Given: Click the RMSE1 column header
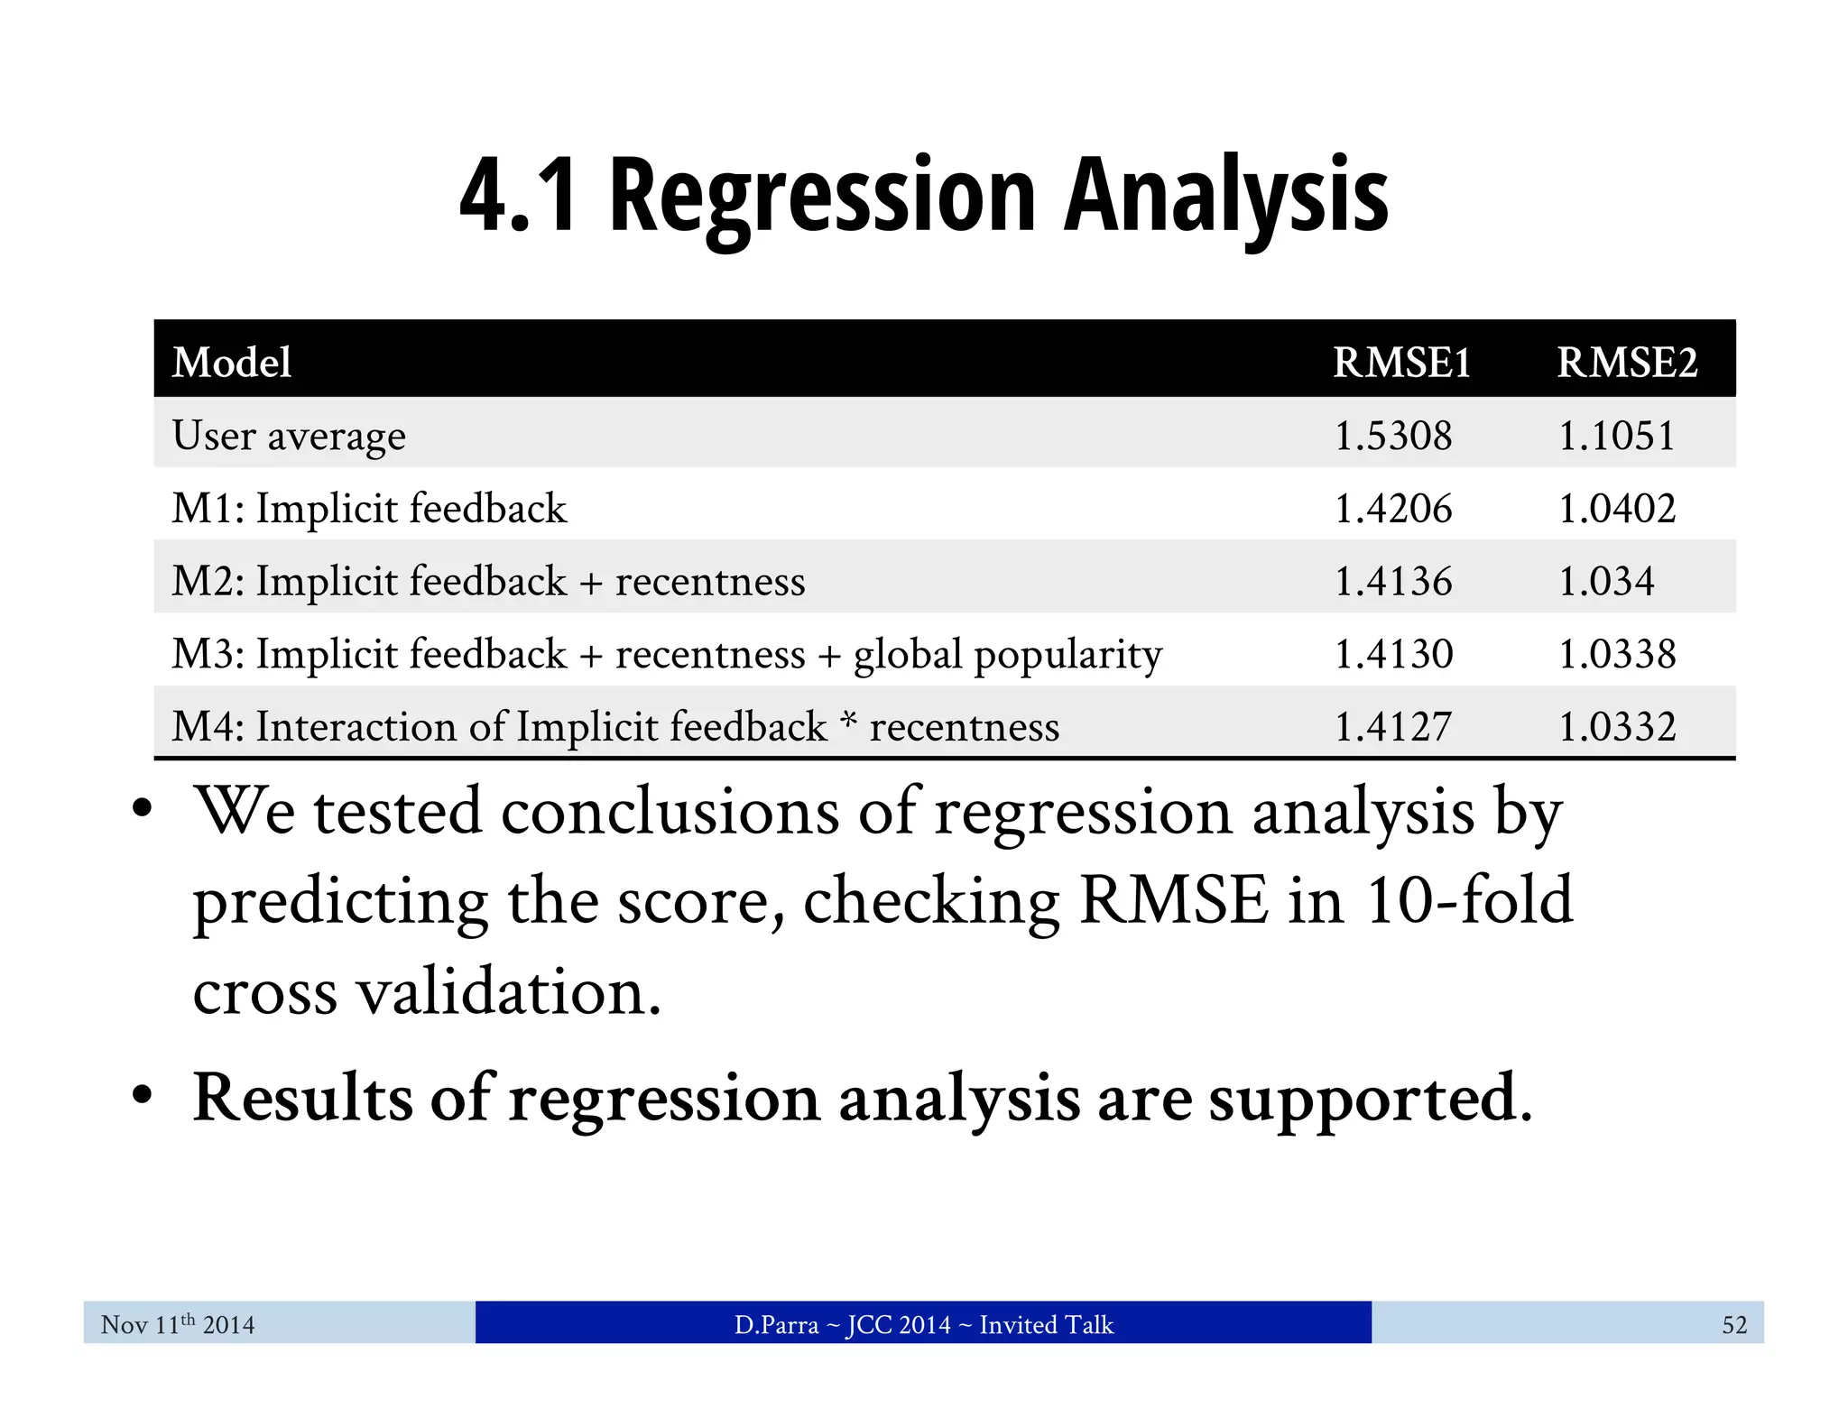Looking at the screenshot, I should coord(1401,363).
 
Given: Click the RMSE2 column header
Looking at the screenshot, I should coord(1627,363).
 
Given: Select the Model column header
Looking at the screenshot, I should coord(232,363).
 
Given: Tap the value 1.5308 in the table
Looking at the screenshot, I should coord(1393,436).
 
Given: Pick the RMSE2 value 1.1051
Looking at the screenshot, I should coord(1617,436).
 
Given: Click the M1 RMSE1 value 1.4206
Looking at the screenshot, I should coord(1393,509).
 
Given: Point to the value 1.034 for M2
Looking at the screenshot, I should coord(1606,581).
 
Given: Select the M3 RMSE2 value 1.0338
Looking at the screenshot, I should coord(1617,654).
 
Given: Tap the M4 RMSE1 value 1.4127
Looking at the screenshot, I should coord(1393,727).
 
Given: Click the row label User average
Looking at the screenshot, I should coord(289,436).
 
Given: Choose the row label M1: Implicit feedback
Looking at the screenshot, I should coord(369,509).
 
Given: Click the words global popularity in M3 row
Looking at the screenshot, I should coord(1008,655).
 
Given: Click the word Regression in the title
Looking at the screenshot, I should coord(822,197).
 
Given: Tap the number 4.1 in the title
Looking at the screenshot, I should coord(518,197).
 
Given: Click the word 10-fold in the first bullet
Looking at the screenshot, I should coord(1469,900).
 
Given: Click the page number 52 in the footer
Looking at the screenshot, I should coord(1734,1324).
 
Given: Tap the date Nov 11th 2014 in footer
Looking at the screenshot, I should coord(178,1324).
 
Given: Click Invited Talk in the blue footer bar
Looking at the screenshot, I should coord(1046,1324).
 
